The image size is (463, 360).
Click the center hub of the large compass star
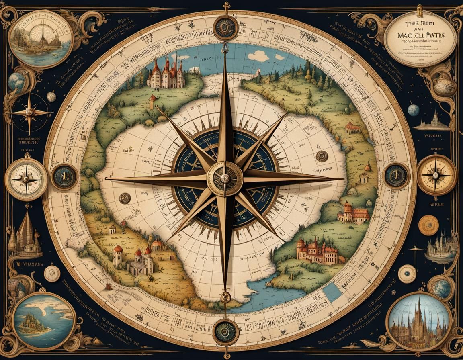[225, 178]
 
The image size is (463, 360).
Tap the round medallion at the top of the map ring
[225, 27]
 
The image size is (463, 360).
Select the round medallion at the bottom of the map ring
[225, 331]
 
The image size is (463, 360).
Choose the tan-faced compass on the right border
[436, 175]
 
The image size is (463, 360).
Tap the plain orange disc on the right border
[428, 225]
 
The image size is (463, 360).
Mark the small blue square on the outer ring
[332, 292]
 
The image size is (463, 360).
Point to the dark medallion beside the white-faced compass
[64, 177]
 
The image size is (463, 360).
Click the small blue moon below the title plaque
[413, 110]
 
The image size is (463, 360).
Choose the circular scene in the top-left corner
[41, 39]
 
